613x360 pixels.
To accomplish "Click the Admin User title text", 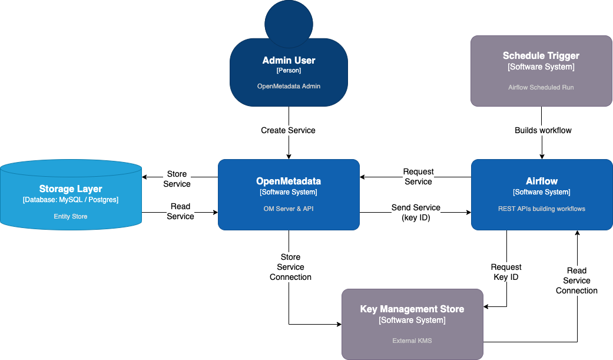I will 289,60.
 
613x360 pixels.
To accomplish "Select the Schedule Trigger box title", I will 541,56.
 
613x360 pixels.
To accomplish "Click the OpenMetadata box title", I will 289,181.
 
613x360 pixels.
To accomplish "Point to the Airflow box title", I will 541,181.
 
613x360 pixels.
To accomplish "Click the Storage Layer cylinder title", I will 71,189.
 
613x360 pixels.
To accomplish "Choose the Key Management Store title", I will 412,309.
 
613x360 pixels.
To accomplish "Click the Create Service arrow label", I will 288,130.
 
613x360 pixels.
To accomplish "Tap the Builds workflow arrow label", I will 543,130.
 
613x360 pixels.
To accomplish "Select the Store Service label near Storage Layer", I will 177,179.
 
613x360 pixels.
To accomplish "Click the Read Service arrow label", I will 180,212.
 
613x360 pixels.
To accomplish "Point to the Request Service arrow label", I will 418,177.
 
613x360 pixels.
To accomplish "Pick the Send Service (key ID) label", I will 416,213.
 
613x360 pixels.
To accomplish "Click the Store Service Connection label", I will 290,267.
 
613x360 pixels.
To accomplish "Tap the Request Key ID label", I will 506,272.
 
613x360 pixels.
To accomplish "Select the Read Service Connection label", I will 576,280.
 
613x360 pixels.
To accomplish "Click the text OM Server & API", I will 289,209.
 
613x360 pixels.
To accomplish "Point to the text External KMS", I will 412,341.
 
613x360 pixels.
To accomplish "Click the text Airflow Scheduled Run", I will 541,87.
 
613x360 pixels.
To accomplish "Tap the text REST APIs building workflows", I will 541,209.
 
